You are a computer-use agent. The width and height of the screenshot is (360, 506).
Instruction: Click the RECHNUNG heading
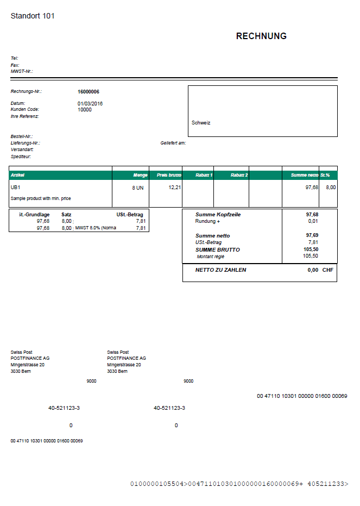pyautogui.click(x=261, y=36)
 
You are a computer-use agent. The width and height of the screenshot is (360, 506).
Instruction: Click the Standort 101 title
pyautogui.click(x=33, y=16)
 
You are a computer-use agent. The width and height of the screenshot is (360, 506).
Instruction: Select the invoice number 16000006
pyautogui.click(x=89, y=92)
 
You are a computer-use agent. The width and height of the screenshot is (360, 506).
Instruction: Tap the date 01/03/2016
pyautogui.click(x=90, y=103)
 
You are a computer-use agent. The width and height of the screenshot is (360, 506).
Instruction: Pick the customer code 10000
pyautogui.click(x=85, y=109)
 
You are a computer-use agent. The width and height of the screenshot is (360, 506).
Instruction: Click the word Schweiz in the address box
pyautogui.click(x=201, y=123)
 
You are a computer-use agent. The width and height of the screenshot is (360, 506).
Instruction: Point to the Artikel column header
pyautogui.click(x=18, y=175)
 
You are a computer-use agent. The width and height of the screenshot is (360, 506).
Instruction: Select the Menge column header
pyautogui.click(x=140, y=175)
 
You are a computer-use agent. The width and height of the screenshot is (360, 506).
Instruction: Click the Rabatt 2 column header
pyautogui.click(x=239, y=175)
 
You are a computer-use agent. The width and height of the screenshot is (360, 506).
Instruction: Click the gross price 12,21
pyautogui.click(x=174, y=187)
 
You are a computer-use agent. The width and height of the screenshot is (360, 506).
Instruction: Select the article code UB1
pyautogui.click(x=16, y=188)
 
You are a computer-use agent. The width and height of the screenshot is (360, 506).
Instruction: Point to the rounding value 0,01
pyautogui.click(x=313, y=221)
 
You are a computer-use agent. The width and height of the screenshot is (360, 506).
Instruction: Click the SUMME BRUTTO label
pyautogui.click(x=218, y=249)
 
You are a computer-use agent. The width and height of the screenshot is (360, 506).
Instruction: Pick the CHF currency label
pyautogui.click(x=328, y=270)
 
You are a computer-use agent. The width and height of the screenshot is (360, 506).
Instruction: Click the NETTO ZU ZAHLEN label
pyautogui.click(x=220, y=270)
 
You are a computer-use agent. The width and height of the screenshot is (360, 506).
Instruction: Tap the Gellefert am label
pyautogui.click(x=173, y=143)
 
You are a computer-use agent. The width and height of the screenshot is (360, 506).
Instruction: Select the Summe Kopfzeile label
pyautogui.click(x=218, y=215)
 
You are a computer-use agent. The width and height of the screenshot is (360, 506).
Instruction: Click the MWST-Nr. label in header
pyautogui.click(x=22, y=71)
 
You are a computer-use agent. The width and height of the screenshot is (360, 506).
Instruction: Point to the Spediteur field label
pyautogui.click(x=21, y=157)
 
